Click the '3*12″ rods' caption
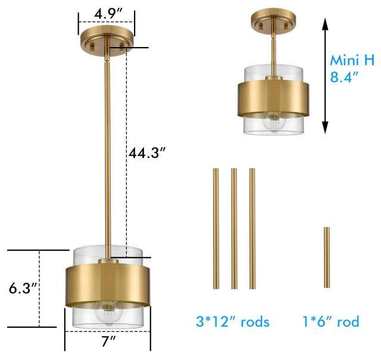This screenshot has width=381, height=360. (x=232, y=322)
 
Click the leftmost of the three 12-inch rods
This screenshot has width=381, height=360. (x=216, y=228)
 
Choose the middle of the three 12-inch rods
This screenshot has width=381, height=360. (x=234, y=228)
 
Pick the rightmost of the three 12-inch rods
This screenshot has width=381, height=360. (x=252, y=228)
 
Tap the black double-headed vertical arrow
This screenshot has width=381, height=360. (x=325, y=75)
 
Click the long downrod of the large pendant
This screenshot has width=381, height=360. (x=107, y=149)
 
